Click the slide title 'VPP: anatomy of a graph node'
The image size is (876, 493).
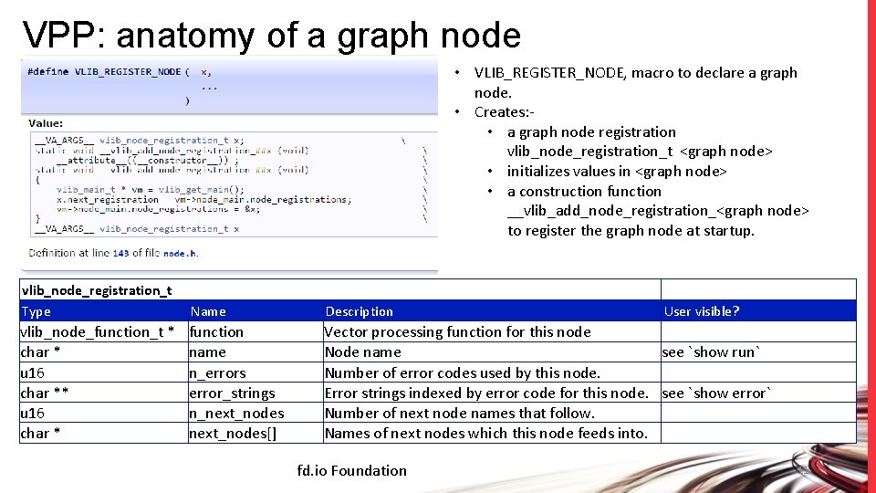(272, 35)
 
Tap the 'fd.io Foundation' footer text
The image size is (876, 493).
(352, 471)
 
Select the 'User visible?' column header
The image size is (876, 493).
(702, 311)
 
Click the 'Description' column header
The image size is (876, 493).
(360, 311)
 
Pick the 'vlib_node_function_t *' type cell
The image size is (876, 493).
(97, 331)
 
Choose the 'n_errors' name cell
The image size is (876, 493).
(217, 372)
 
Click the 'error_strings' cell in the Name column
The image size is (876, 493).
(232, 393)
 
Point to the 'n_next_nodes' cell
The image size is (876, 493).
(236, 413)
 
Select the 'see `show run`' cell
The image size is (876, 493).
(712, 352)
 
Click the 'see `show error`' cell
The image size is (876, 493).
(717, 393)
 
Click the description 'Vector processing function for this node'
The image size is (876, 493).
(458, 331)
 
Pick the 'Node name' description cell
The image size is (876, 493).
(363, 352)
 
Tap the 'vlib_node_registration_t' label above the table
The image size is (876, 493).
(97, 290)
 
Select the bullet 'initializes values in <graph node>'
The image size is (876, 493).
(617, 172)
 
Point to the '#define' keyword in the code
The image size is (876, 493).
(47, 71)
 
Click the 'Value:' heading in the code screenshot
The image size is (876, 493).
(46, 122)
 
